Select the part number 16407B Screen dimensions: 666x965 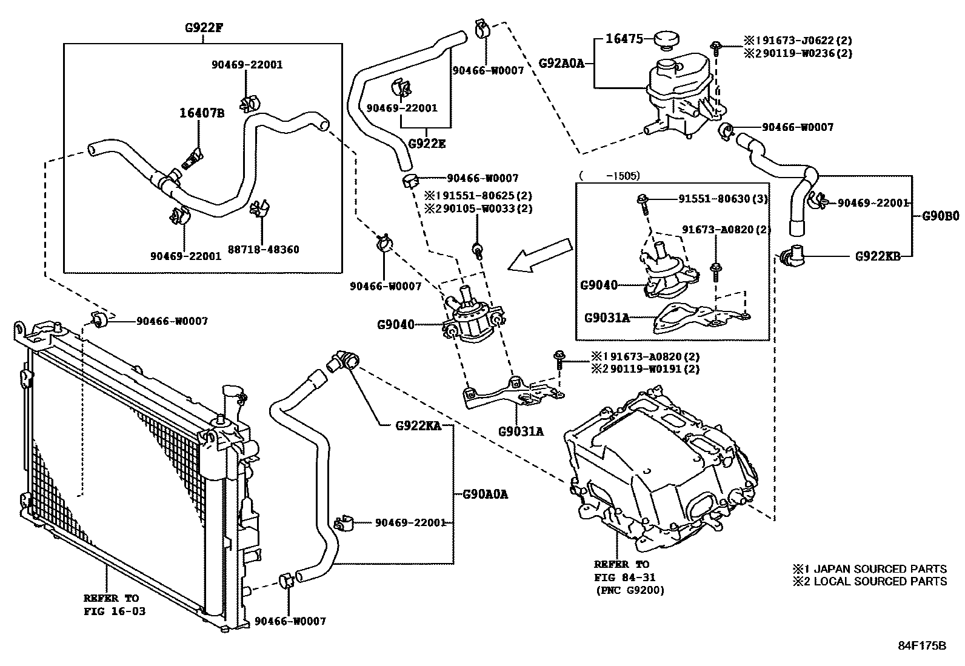pos(201,113)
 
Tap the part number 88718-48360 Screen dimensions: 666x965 pos(263,249)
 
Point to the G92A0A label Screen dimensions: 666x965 pos(561,62)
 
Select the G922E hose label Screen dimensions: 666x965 pos(426,144)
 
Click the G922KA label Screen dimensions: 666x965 pos(418,425)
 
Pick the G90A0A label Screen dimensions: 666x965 pos(485,495)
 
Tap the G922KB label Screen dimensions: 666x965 pos(877,256)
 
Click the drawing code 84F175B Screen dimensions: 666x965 pos(921,645)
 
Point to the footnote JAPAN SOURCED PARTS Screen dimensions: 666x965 pos(880,569)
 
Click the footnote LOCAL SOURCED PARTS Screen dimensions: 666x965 pos(880,581)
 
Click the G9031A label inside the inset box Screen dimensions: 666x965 pos(607,317)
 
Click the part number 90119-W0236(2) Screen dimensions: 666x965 pos(802,53)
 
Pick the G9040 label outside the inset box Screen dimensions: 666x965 pos(396,325)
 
